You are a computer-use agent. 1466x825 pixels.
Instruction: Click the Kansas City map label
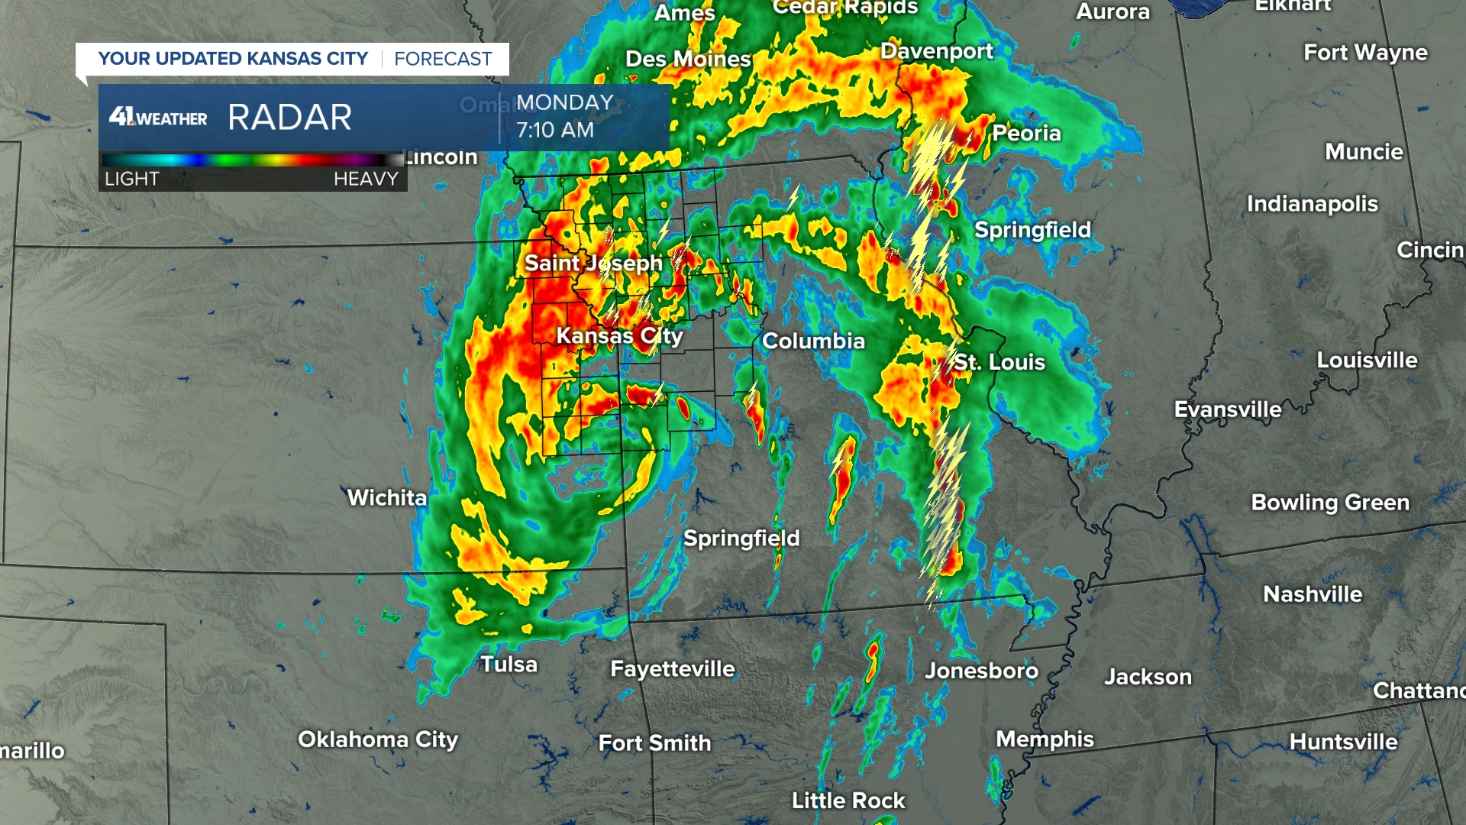(x=619, y=336)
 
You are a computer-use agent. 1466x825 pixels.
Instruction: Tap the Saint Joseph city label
(x=593, y=263)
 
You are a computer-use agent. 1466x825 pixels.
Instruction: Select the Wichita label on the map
(x=387, y=498)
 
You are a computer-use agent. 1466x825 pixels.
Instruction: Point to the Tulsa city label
(x=509, y=665)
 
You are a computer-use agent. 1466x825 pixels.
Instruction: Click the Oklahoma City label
(x=378, y=739)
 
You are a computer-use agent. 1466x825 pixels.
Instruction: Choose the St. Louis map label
(x=999, y=362)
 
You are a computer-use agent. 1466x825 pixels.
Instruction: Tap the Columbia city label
(x=813, y=341)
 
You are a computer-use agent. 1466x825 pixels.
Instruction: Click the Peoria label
(x=1026, y=134)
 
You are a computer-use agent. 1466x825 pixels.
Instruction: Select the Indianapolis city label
(x=1312, y=204)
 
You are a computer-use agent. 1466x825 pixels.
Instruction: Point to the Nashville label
(x=1313, y=594)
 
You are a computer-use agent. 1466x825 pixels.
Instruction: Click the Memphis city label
(x=1045, y=739)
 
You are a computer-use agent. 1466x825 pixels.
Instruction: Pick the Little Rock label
(x=848, y=801)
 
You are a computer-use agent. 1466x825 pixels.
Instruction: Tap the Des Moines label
(x=688, y=59)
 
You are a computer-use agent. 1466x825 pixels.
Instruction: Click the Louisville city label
(x=1367, y=361)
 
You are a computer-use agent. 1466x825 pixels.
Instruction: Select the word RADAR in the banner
(x=289, y=118)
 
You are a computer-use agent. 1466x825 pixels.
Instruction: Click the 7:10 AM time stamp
(x=555, y=131)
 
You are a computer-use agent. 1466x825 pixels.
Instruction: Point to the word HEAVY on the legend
(x=366, y=179)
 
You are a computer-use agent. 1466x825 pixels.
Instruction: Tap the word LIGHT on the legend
(x=132, y=179)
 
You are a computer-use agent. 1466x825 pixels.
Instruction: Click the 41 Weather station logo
(x=158, y=117)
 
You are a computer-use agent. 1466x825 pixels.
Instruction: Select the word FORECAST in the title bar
(x=443, y=59)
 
